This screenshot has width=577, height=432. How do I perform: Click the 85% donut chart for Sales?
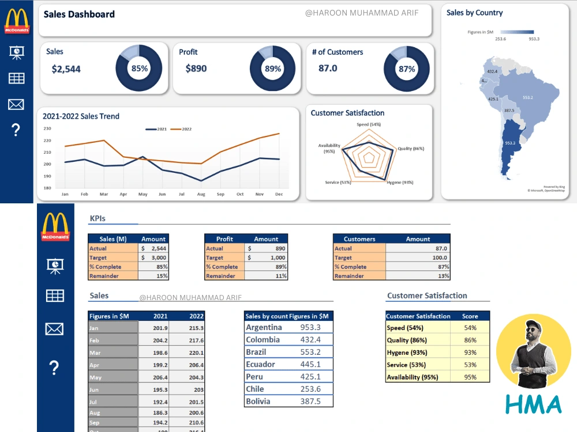139,69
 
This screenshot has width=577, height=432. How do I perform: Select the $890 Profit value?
196,69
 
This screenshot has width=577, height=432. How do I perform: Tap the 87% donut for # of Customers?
407,69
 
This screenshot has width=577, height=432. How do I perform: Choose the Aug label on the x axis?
201,194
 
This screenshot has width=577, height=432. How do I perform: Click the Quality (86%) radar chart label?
410,149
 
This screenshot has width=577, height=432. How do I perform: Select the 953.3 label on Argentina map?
509,143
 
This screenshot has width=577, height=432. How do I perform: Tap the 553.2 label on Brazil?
527,98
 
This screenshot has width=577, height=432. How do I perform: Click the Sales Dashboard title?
79,14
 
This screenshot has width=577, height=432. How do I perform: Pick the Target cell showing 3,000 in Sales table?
153,257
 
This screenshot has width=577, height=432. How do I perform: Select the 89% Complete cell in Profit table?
267,267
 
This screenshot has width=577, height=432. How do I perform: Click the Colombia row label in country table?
263,340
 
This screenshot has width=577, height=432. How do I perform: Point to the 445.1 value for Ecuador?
310,364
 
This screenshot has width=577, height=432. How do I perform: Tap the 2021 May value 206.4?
160,377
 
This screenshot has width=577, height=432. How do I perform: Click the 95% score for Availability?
470,377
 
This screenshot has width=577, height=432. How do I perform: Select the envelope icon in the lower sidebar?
54,329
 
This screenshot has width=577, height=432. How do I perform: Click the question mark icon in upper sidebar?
16,130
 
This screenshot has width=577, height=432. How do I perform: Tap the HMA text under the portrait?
533,404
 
